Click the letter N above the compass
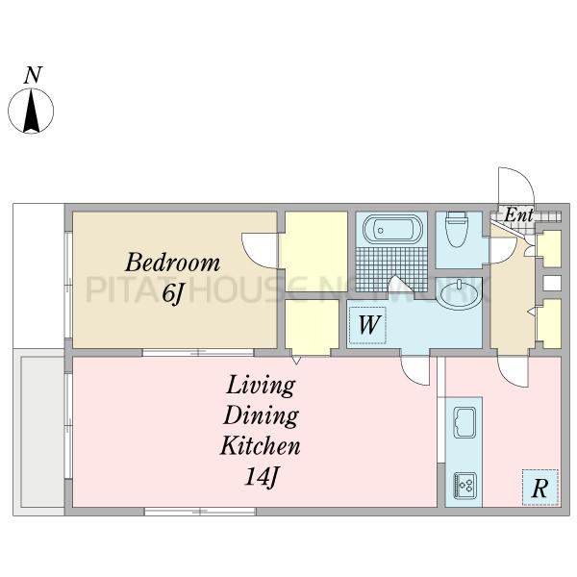point(33,75)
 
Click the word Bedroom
point(172,263)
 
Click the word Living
point(261,386)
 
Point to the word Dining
point(261,415)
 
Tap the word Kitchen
point(261,445)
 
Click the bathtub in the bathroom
point(392,229)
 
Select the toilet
point(456,229)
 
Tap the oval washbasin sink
point(459,294)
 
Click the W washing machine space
point(367,325)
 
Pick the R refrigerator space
point(540,488)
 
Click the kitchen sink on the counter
point(464,422)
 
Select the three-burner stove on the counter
point(465,486)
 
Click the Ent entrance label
point(519,214)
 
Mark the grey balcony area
point(42,432)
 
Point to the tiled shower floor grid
point(391,268)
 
